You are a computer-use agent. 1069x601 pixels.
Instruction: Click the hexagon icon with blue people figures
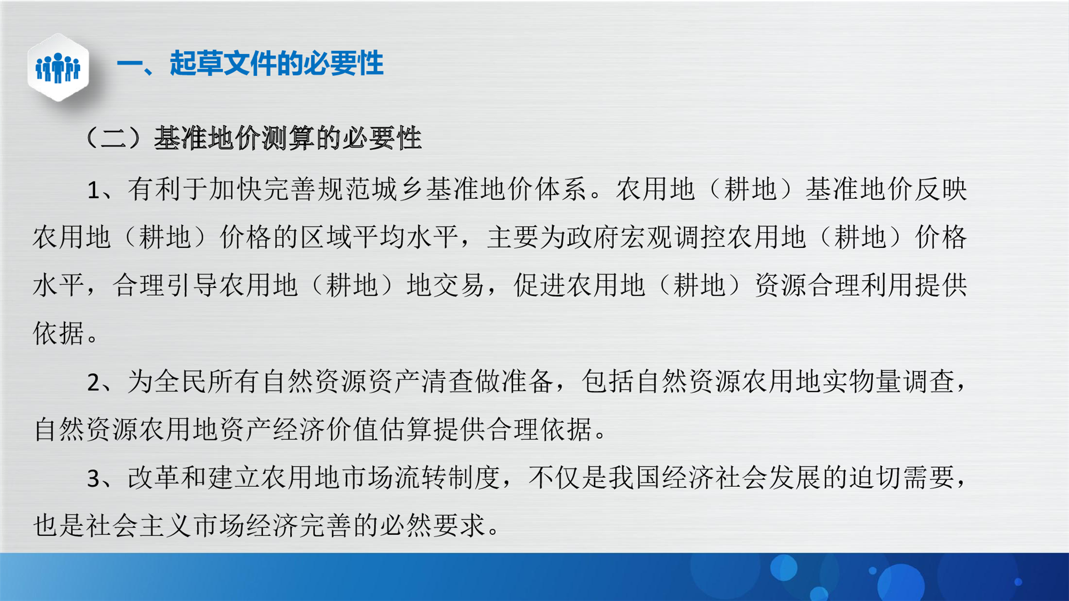tap(58, 67)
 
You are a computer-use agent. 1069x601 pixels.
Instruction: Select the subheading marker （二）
tap(114, 138)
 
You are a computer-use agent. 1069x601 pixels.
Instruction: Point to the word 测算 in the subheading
tap(288, 138)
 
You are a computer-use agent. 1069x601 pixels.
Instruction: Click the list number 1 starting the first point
tap(94, 190)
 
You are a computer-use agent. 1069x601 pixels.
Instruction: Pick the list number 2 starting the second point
tap(94, 383)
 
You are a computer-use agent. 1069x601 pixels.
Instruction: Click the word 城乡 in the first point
tap(398, 189)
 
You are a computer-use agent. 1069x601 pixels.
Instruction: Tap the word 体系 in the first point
tap(560, 189)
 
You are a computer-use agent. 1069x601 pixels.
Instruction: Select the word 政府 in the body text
tap(593, 237)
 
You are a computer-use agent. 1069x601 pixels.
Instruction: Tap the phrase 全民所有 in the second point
tap(207, 382)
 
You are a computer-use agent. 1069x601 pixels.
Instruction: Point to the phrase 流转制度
tap(448, 477)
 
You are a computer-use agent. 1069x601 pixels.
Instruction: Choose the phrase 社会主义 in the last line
tap(140, 525)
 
